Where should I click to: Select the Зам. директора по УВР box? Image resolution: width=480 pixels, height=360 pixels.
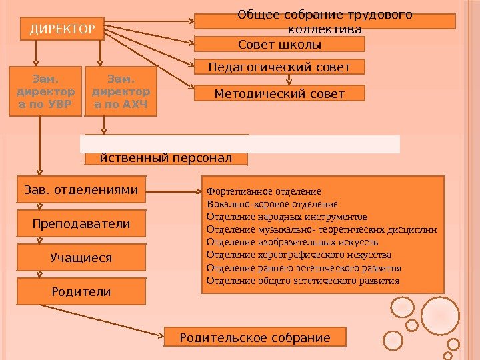point(45,91)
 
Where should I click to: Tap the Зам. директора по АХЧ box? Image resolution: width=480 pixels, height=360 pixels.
point(121,91)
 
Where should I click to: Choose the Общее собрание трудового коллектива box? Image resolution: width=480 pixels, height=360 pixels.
point(325,22)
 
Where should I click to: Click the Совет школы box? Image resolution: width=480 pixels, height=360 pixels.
point(279,45)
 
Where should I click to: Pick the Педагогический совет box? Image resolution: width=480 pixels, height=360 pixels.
point(279,67)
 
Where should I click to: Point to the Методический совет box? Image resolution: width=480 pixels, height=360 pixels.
point(279,93)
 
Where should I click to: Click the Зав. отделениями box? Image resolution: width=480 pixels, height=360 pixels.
point(81,190)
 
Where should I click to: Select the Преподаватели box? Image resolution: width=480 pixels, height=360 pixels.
point(81,224)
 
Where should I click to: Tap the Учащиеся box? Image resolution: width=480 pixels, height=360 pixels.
point(81,257)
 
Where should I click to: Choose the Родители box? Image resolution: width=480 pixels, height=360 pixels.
point(81,292)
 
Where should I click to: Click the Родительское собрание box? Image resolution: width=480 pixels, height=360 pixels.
point(255,337)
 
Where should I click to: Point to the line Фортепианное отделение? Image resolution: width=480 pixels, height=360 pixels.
point(264,191)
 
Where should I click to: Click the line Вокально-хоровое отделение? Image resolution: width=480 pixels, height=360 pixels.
point(272,204)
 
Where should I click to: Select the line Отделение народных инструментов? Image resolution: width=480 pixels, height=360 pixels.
point(287,217)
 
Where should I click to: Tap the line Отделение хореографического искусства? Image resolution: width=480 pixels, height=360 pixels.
point(299,255)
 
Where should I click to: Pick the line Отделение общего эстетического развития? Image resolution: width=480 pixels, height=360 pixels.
point(303,281)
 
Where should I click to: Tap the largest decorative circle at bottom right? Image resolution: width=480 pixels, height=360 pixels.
point(440,315)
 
